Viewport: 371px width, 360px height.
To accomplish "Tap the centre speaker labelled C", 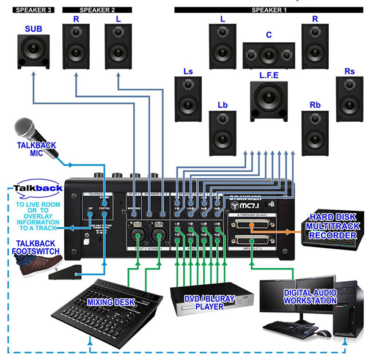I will click(268, 56).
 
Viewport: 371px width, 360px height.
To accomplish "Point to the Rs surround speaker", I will click(350, 98).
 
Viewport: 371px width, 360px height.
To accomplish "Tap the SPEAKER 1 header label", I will click(269, 10).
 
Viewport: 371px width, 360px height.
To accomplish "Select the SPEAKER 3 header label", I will click(33, 10).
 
